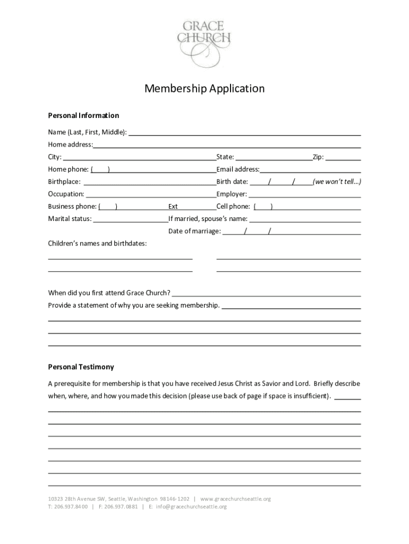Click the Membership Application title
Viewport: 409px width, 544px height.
[x=204, y=89]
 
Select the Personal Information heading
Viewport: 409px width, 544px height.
[x=83, y=116]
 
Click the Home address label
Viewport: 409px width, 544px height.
[x=70, y=144]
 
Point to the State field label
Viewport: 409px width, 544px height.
[x=225, y=157]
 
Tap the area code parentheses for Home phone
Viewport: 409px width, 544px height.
[x=100, y=170]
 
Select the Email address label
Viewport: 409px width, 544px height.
[x=237, y=169]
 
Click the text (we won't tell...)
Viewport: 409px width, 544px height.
[x=337, y=182]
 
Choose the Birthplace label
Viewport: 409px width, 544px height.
[x=64, y=182]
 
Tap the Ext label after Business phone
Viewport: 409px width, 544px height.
[x=173, y=207]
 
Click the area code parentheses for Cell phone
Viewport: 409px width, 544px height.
[x=263, y=207]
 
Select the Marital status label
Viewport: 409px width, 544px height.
[x=70, y=219]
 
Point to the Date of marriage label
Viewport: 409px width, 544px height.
[x=194, y=231]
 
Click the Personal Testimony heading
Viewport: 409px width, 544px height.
[x=81, y=367]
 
